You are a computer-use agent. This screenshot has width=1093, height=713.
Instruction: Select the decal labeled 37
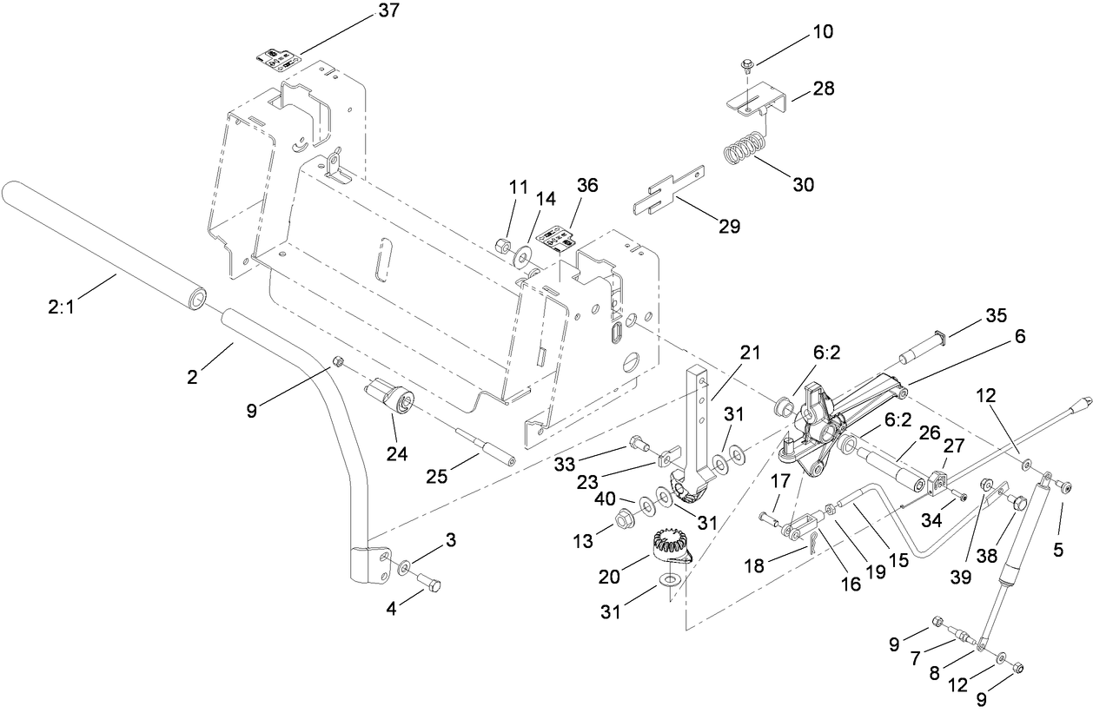click(x=279, y=60)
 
